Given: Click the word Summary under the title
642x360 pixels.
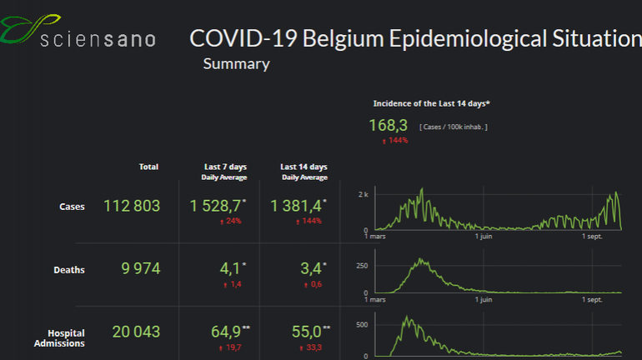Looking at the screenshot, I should (236, 64).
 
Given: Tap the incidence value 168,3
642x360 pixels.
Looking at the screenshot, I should (388, 125).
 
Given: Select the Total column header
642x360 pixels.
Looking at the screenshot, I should (148, 167).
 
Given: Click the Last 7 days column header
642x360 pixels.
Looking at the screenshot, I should (224, 167).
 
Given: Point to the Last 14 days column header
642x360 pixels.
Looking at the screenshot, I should (303, 167).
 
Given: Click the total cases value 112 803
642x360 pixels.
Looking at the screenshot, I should (131, 206).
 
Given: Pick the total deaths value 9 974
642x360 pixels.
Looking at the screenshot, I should (136, 268).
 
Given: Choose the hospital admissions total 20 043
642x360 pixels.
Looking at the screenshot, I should (135, 332).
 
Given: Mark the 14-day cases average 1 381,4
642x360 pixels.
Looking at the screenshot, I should (296, 206).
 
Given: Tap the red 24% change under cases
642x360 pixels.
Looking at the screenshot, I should (229, 222).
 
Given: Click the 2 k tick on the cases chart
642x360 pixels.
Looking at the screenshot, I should (363, 194).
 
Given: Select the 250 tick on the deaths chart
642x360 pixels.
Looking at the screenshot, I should (361, 264).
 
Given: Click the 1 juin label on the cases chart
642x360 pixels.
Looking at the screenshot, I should (486, 236).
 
